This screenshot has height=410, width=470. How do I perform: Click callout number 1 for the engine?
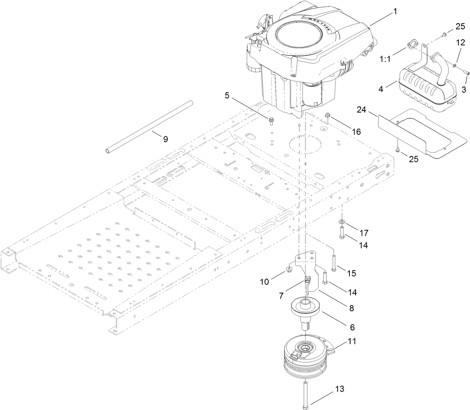[x=395, y=12]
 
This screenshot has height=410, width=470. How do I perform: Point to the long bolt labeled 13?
[x=307, y=394]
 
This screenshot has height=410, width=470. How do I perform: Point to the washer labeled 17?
[x=341, y=222]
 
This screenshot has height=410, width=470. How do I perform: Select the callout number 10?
[x=275, y=282]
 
